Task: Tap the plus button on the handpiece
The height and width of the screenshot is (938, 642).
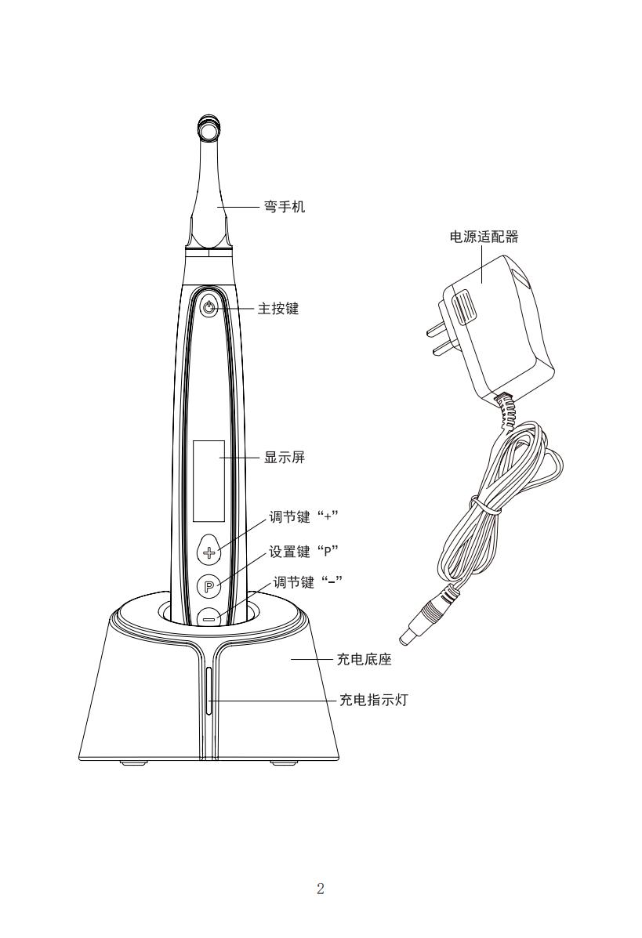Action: click(x=209, y=552)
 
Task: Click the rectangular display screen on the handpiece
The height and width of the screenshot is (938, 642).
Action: click(x=209, y=480)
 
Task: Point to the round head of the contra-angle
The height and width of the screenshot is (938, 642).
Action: click(x=209, y=128)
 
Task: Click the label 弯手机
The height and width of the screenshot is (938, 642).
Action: click(x=285, y=207)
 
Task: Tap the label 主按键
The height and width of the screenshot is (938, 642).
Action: click(x=278, y=309)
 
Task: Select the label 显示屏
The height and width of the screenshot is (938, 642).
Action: click(x=285, y=458)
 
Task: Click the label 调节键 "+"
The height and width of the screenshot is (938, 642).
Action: click(x=304, y=516)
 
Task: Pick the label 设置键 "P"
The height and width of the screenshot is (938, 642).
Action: click(x=304, y=551)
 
